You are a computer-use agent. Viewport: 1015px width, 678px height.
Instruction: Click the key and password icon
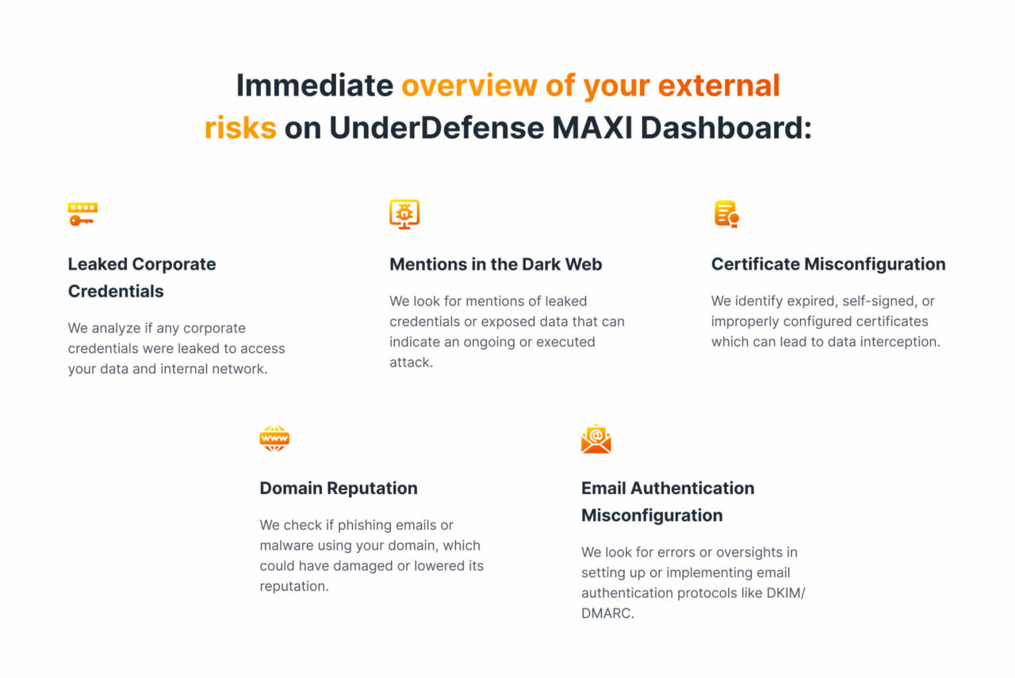[x=82, y=214]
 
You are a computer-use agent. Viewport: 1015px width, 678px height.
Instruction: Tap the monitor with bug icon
[x=404, y=214]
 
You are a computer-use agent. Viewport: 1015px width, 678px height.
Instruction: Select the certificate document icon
[x=726, y=214]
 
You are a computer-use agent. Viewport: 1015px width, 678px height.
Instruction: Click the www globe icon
[x=274, y=438]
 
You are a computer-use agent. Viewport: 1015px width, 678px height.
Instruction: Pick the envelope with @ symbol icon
[x=596, y=439]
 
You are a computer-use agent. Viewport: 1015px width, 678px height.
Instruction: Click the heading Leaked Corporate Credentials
[x=142, y=278]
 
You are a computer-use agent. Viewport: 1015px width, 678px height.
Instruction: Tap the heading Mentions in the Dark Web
[x=496, y=264]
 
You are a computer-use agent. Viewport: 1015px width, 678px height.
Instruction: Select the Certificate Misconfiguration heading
[x=828, y=264]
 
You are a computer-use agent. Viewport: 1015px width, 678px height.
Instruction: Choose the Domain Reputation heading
[x=339, y=488]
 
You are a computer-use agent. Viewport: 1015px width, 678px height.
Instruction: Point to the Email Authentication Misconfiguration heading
[x=668, y=501]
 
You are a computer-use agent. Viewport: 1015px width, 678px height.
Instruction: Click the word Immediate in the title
[x=315, y=85]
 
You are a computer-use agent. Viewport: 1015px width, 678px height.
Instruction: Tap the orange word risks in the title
[x=240, y=127]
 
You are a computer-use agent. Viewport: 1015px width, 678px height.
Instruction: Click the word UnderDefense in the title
[x=437, y=127]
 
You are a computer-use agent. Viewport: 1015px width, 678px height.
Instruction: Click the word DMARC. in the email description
[x=607, y=613]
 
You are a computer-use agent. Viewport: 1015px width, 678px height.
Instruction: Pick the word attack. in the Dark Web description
[x=411, y=362]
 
